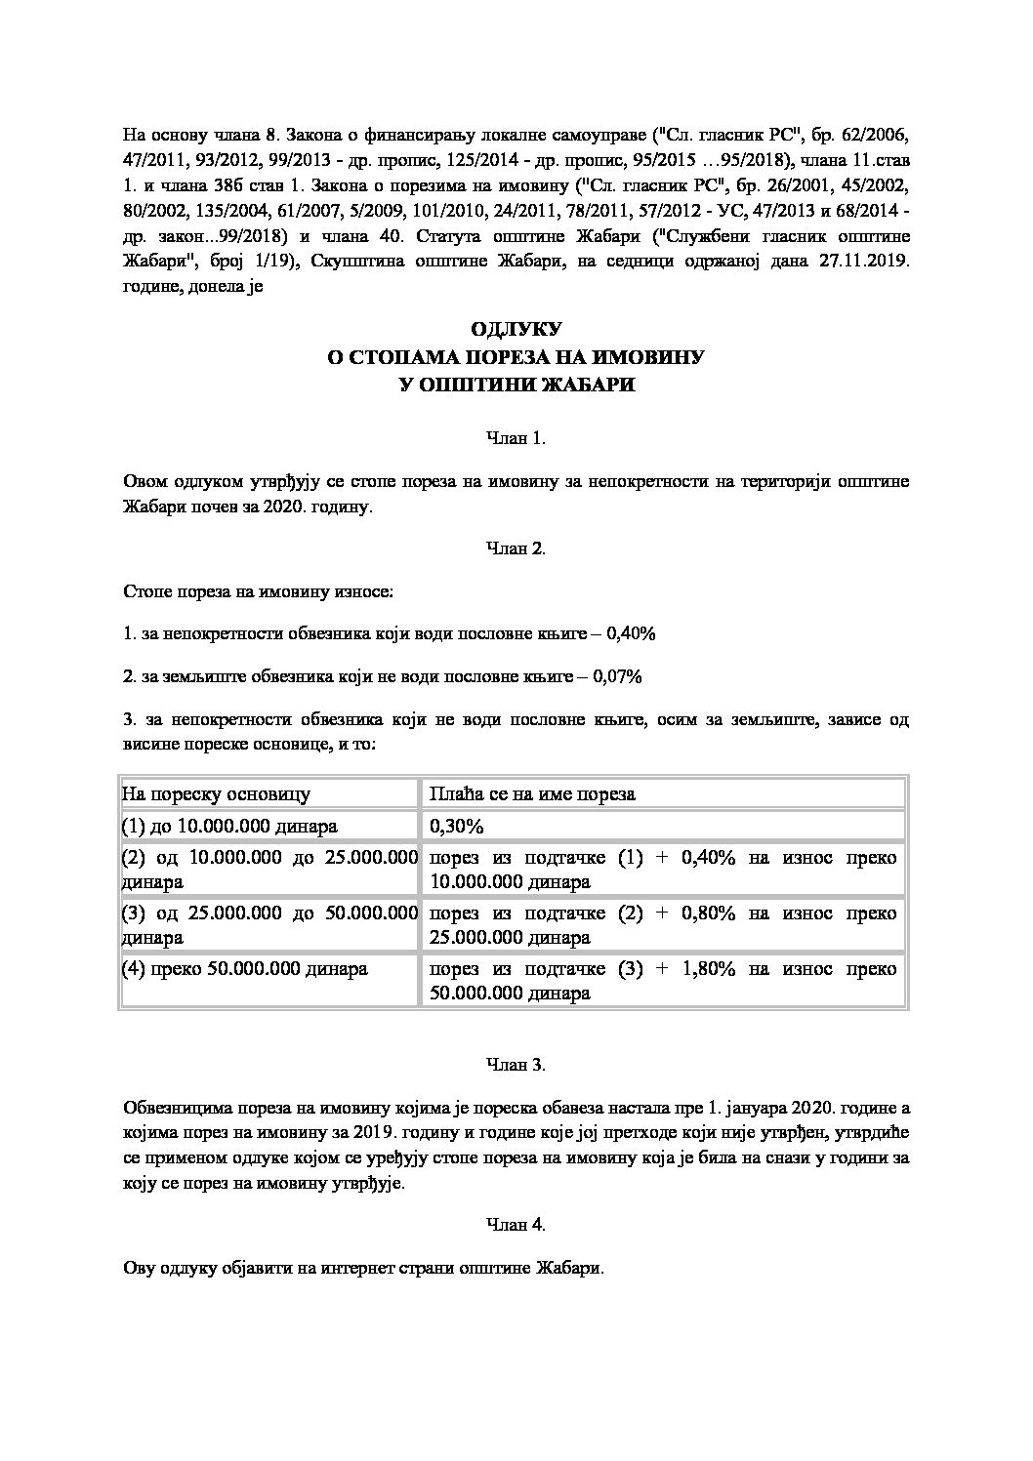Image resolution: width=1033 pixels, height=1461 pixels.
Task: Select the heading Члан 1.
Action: [x=516, y=438]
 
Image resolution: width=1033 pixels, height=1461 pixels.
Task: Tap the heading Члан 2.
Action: [x=516, y=548]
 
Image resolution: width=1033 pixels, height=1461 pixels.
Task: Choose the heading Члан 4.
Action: [x=516, y=1224]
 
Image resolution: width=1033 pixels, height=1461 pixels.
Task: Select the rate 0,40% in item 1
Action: [x=631, y=633]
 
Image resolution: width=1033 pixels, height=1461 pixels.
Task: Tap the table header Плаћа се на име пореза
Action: [x=532, y=793]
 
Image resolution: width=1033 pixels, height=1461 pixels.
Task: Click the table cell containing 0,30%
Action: [x=457, y=826]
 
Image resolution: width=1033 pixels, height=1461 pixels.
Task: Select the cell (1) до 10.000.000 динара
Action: [x=229, y=826]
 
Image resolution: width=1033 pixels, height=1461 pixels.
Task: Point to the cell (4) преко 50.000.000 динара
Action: [x=244, y=969]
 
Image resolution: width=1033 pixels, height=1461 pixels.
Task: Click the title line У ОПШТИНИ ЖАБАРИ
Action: [x=516, y=385]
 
